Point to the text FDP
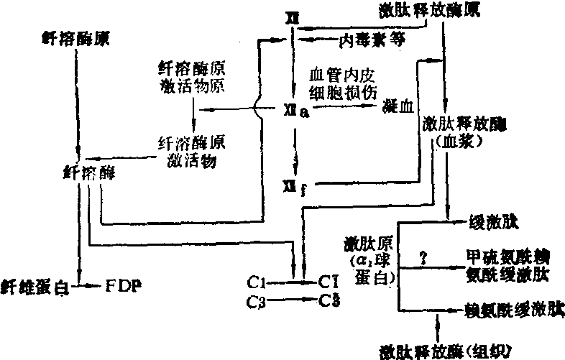pyautogui.click(x=124, y=285)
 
